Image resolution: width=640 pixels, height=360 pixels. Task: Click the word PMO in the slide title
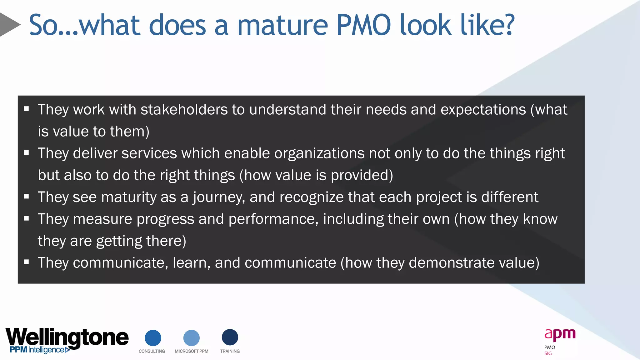(363, 25)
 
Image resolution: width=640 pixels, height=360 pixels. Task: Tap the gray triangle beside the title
(9, 24)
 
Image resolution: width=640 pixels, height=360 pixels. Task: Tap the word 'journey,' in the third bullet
(219, 197)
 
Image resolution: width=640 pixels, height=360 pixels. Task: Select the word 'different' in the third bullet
(510, 197)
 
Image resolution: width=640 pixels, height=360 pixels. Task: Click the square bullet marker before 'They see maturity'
(27, 197)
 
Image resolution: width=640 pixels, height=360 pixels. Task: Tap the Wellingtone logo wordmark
(67, 337)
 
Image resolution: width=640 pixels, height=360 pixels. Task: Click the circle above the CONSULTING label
(153, 338)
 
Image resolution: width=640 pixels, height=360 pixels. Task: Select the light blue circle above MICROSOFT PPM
(191, 338)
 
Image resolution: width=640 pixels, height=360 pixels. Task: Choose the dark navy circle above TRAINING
(230, 337)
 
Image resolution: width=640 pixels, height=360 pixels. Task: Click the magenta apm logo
(560, 334)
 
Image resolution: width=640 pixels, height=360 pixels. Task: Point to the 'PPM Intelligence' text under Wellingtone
(37, 350)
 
